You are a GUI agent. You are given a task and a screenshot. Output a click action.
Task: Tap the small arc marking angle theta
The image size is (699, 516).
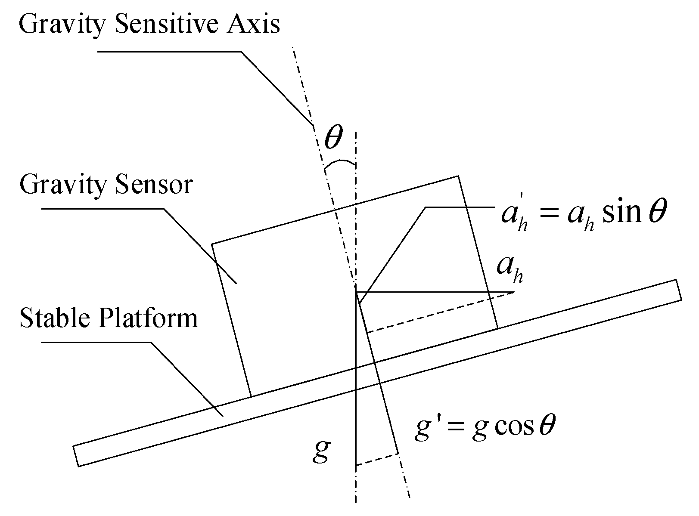pyautogui.click(x=340, y=163)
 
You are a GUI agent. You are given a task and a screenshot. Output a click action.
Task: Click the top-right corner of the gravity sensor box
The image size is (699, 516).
pyautogui.click(x=458, y=176)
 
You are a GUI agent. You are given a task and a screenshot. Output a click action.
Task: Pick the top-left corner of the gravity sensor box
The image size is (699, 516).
pyautogui.click(x=211, y=244)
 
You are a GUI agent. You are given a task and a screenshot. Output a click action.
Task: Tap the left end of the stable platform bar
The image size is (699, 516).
pyautogui.click(x=76, y=456)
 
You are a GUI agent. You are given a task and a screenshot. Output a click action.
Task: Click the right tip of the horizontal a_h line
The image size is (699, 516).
pyautogui.click(x=514, y=293)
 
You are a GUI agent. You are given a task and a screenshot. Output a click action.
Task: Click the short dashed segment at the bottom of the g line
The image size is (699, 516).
pyautogui.click(x=376, y=460)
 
